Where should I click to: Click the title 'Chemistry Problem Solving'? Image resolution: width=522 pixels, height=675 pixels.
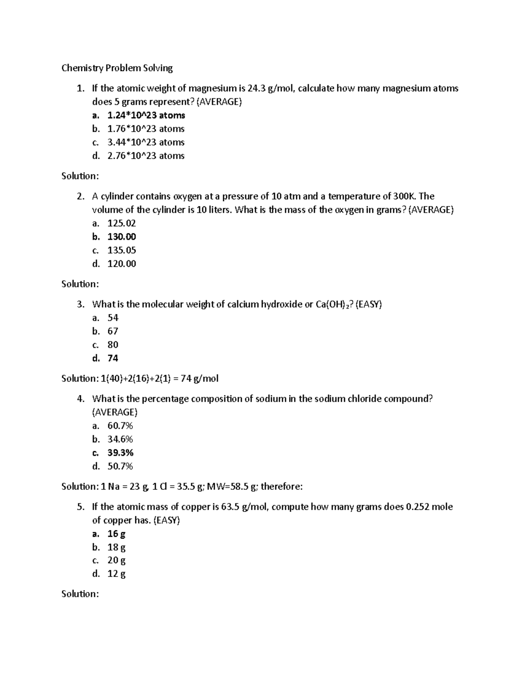pos(117,68)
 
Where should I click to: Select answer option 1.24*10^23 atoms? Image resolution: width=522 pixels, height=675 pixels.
pos(146,115)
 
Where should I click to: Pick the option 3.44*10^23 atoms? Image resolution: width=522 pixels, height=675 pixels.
pos(146,142)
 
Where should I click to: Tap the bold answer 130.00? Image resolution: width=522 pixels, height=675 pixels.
pos(121,236)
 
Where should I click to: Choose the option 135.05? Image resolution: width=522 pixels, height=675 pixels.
pos(121,250)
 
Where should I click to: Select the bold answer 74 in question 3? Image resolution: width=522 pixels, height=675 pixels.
pos(113,358)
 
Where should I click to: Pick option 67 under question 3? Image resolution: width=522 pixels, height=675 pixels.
pos(113,331)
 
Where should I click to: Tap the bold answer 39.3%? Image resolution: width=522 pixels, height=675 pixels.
pos(120,452)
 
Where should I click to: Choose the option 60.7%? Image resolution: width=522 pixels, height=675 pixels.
pos(120,426)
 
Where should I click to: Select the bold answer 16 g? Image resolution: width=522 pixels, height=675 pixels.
pos(116,534)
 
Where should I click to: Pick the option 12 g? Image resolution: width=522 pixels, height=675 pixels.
pos(116,574)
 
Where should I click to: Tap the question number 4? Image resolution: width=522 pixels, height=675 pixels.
pos(80,399)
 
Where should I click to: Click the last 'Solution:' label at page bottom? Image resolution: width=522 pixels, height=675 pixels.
pos(80,594)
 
